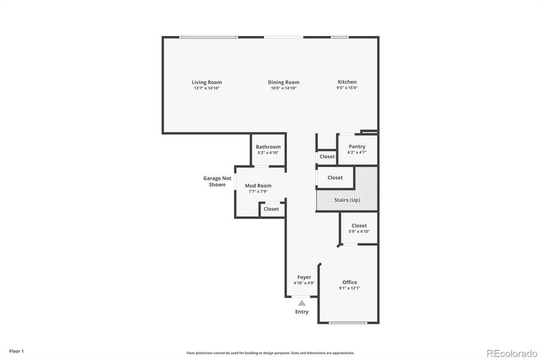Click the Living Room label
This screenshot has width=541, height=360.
click(207, 82)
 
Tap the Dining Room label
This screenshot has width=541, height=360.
click(283, 82)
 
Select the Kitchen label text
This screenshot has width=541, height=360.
click(347, 82)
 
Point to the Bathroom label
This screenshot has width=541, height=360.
click(268, 147)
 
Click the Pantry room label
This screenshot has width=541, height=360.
click(357, 146)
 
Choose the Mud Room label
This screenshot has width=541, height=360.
click(258, 185)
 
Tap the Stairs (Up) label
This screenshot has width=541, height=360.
click(347, 200)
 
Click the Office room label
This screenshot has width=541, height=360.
click(349, 282)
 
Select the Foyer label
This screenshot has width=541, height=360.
click(304, 277)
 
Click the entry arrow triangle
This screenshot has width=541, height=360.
click(301, 304)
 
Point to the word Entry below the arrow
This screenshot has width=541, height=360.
click(301, 312)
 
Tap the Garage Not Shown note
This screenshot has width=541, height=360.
click(217, 181)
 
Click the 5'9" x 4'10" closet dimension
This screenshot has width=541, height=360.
click(359, 232)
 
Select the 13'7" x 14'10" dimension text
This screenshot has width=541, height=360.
click(207, 88)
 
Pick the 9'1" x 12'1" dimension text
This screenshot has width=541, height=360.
click(349, 288)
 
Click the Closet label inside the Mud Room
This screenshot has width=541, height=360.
click(271, 209)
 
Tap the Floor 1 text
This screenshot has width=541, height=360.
click(16, 350)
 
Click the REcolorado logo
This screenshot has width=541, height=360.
click(512, 352)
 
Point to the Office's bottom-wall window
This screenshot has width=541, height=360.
click(348, 323)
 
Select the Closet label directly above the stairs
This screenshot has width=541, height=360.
click(335, 178)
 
